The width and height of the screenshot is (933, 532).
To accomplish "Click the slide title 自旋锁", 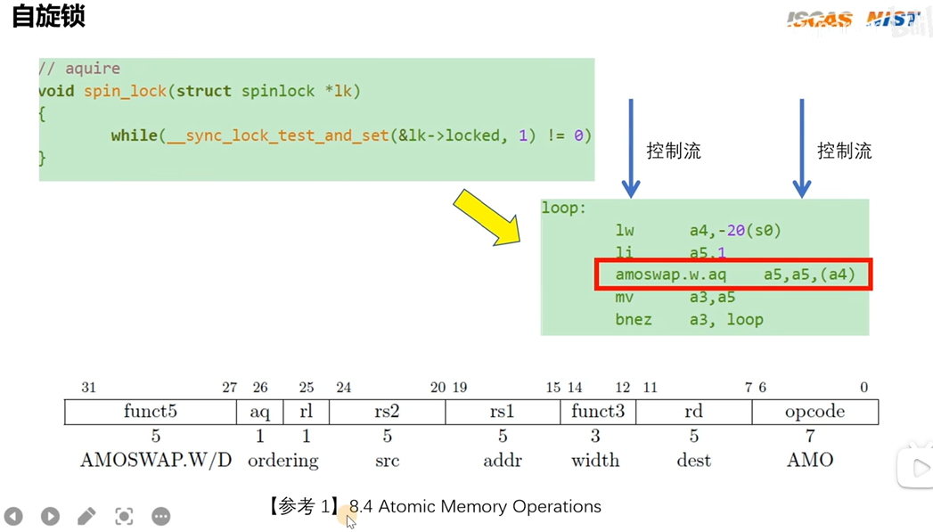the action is (x=49, y=16).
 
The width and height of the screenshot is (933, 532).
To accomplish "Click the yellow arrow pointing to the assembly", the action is (x=487, y=217).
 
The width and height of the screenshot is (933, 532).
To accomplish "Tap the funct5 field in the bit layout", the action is (x=151, y=412).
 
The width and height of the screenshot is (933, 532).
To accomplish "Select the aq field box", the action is (x=260, y=412).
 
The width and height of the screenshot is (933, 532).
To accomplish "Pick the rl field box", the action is (x=306, y=412).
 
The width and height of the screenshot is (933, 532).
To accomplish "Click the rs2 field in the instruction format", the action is (x=387, y=412).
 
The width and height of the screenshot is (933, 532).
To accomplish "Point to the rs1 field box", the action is (x=503, y=412).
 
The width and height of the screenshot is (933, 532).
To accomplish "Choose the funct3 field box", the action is (x=598, y=412).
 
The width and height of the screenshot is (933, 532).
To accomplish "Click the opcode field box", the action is (x=815, y=412).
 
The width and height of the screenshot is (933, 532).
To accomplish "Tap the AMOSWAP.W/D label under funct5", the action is (x=156, y=460).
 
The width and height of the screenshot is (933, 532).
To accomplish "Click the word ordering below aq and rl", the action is (x=283, y=462).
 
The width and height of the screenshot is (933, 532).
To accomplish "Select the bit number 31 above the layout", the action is (x=88, y=388).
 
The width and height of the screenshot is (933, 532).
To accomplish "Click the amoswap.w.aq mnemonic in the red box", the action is (x=671, y=274).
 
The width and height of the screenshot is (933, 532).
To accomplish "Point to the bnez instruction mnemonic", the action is (x=634, y=320).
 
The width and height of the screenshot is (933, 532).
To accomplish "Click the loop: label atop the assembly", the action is (x=563, y=209).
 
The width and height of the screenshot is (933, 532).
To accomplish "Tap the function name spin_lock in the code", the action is (x=125, y=91).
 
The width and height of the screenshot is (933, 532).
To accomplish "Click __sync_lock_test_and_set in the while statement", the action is (x=277, y=136).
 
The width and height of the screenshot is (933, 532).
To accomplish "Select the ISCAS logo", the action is (x=819, y=20).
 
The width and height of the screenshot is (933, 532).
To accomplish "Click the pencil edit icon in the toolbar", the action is (x=86, y=516).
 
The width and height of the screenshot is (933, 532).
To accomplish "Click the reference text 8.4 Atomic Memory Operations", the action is (x=475, y=506).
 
